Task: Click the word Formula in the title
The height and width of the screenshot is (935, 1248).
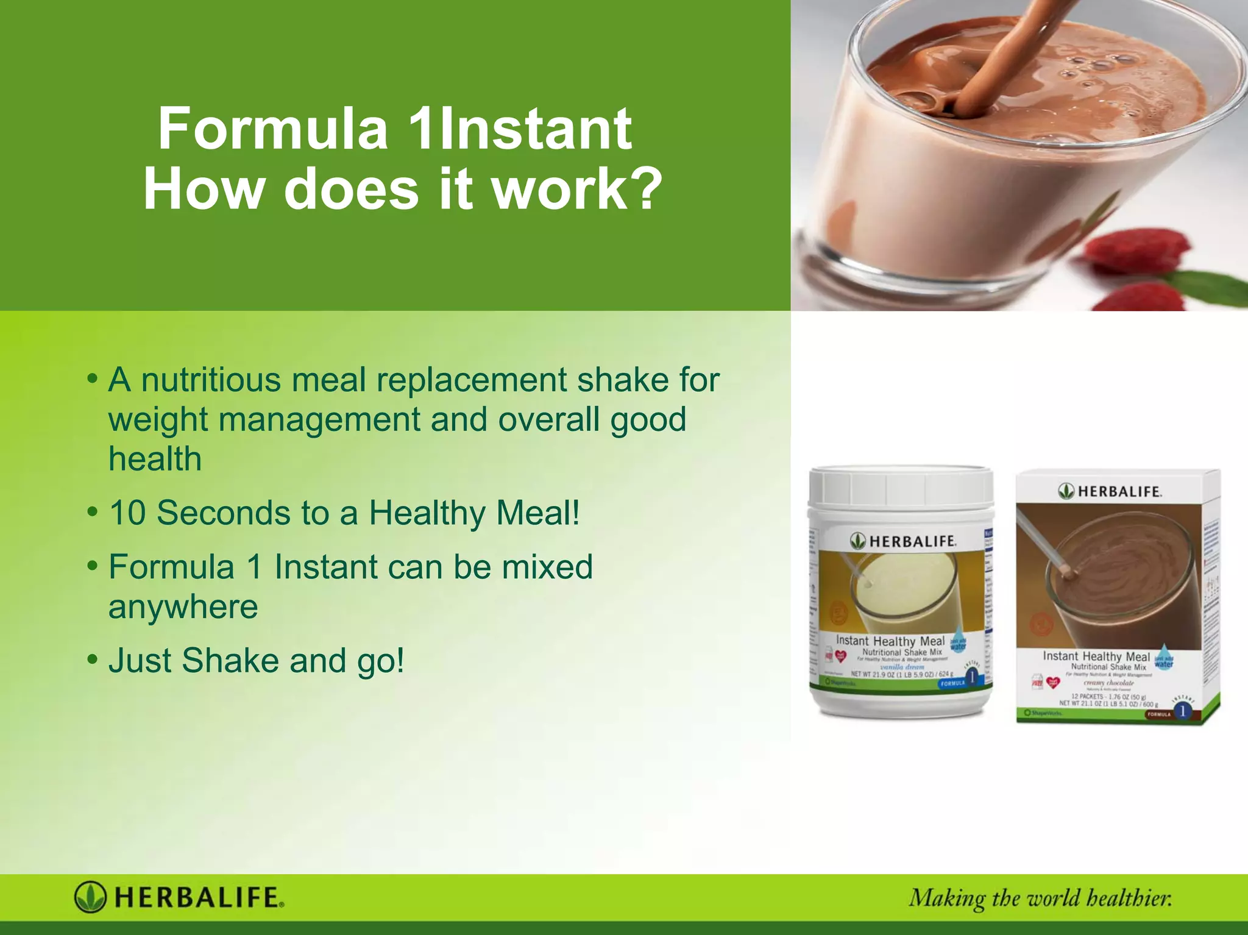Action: pos(273,129)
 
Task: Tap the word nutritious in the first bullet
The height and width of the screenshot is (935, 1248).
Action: pos(211,380)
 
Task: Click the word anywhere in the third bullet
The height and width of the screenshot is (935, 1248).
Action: pos(183,607)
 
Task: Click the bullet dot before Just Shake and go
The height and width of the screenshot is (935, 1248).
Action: pos(93,659)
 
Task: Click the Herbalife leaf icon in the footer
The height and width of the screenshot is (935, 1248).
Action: pos(90,897)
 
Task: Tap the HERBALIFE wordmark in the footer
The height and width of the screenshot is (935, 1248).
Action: pos(199,898)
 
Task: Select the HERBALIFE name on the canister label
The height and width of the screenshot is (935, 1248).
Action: pos(912,541)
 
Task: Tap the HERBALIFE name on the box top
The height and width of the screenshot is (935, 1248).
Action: pos(1119,491)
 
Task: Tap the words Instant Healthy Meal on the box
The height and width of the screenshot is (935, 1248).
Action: pos(1096,656)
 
